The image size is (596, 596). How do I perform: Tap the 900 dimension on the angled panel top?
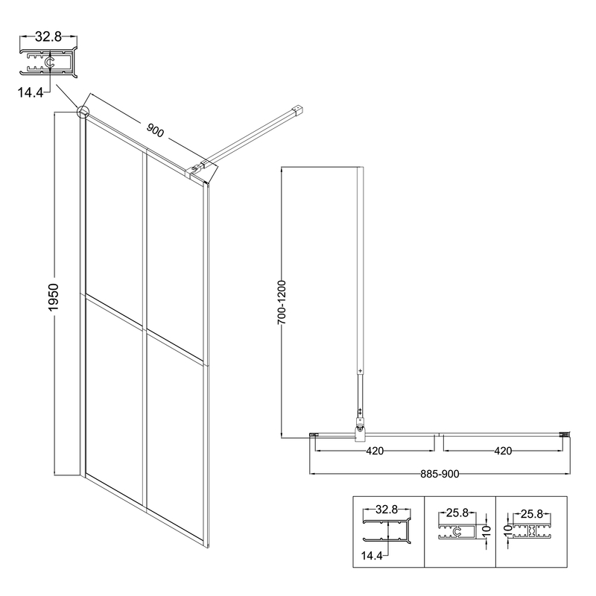coord(155,132)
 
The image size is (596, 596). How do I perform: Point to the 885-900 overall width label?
coord(440,474)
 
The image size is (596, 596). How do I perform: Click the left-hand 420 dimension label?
coord(375,451)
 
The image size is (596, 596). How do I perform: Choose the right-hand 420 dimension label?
coord(503,451)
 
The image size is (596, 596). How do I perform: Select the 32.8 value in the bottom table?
coord(386,510)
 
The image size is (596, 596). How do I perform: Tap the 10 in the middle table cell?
coord(486,533)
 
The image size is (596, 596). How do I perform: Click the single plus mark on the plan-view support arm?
coord(360,370)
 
